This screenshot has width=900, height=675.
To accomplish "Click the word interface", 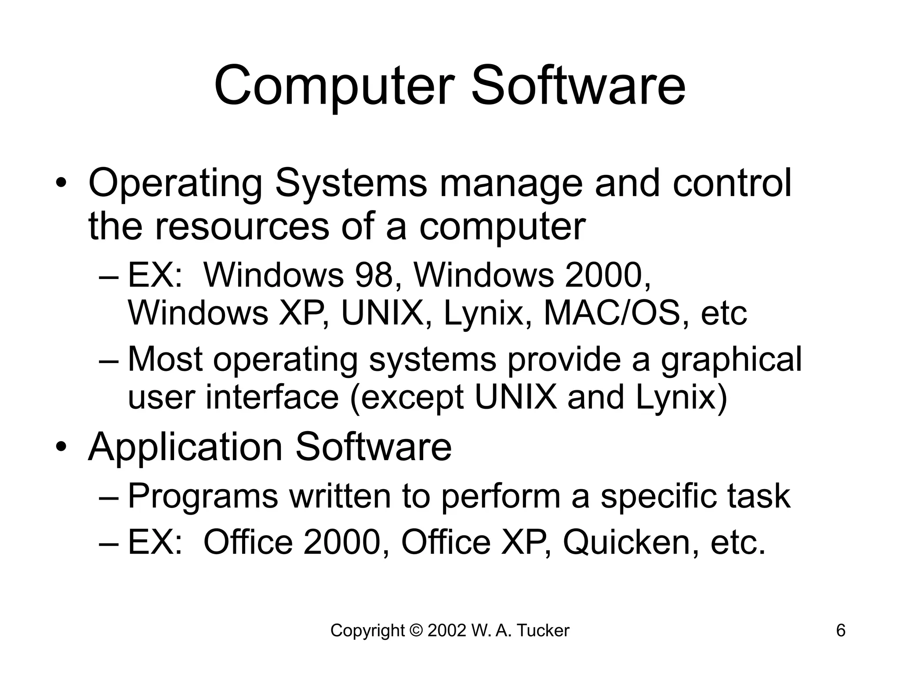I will pyautogui.click(x=272, y=397).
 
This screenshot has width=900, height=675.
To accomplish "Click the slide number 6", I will pyautogui.click(x=841, y=631).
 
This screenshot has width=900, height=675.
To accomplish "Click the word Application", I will pyautogui.click(x=185, y=447).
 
